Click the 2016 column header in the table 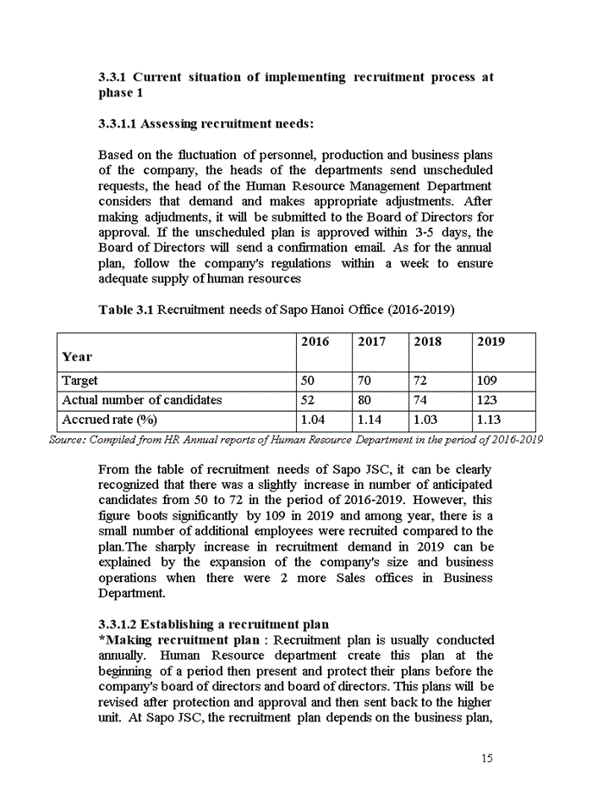point(315,342)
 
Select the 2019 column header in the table point(491,342)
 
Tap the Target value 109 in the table point(487,381)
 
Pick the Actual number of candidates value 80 point(365,401)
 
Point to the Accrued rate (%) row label point(109,420)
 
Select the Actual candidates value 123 point(487,401)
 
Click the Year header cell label point(77,357)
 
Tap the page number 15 point(486,759)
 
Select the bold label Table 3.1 point(126,310)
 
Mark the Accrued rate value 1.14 point(370,420)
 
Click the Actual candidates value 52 point(309,401)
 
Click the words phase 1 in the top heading point(116,93)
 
